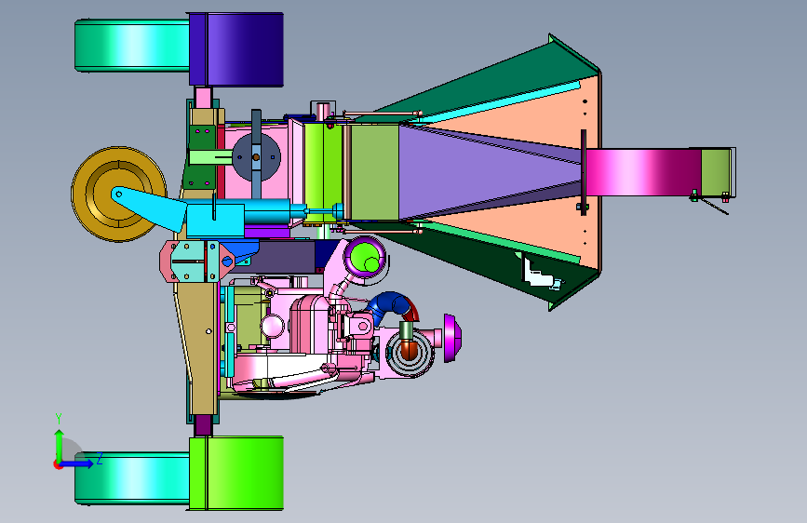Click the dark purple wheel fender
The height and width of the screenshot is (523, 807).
point(236,49)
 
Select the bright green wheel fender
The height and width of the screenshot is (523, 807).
point(236,474)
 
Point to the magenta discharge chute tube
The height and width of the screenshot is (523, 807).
point(643,172)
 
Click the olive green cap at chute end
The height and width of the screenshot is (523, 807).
point(717,172)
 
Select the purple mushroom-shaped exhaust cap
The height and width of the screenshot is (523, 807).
point(451,338)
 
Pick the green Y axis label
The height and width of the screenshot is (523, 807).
point(59,418)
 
